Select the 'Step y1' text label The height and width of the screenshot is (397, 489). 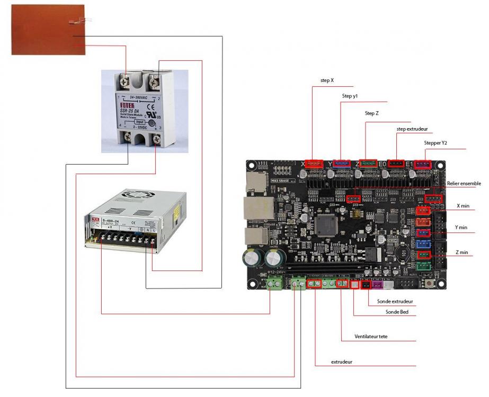pyautogui.click(x=350, y=96)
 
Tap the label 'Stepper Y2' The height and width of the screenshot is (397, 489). pyautogui.click(x=436, y=143)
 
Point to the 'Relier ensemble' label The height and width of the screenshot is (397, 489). pyautogui.click(x=464, y=184)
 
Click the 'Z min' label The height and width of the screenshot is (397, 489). pyautogui.click(x=462, y=252)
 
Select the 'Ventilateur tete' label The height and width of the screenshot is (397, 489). pyautogui.click(x=375, y=336)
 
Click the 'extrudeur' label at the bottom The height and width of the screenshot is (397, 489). pyautogui.click(x=342, y=362)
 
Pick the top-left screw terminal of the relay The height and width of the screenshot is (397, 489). pyautogui.click(x=126, y=80)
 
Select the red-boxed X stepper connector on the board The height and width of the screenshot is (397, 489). pyautogui.click(x=315, y=164)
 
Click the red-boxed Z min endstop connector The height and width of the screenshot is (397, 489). pyautogui.click(x=424, y=255)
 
